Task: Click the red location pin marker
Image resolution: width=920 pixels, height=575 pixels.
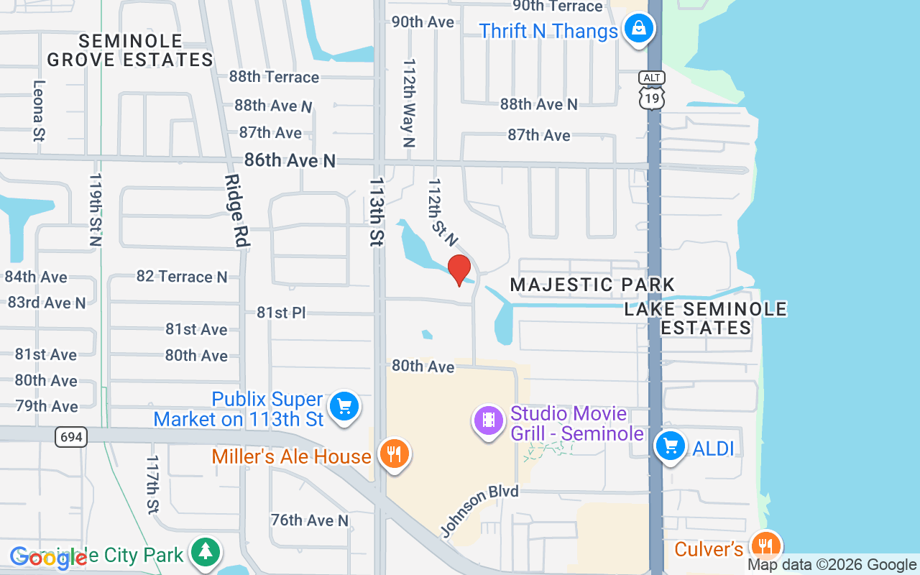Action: [x=459, y=270]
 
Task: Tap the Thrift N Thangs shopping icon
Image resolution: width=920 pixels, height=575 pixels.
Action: [x=638, y=30]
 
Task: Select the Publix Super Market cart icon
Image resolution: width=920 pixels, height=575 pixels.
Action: [x=344, y=407]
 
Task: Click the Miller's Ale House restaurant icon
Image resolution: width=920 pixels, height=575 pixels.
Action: [x=394, y=454]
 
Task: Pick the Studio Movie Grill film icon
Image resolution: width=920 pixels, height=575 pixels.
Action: [x=489, y=420]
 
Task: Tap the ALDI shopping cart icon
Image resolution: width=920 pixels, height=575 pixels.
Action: [x=671, y=446]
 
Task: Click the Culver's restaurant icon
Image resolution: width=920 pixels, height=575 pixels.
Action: [x=767, y=546]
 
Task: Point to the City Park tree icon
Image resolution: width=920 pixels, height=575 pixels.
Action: [x=206, y=552]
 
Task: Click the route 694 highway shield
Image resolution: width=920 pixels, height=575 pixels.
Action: [x=71, y=436]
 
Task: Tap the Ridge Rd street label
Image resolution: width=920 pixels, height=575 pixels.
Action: [x=236, y=211]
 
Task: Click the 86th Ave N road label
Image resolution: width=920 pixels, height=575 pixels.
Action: [x=290, y=160]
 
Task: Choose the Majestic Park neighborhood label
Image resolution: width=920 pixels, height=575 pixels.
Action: [x=593, y=285]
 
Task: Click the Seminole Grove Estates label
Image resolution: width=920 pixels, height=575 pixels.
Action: [x=131, y=50]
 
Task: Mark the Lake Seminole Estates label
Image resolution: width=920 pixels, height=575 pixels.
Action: [x=706, y=318]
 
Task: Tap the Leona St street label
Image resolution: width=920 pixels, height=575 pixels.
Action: [x=39, y=109]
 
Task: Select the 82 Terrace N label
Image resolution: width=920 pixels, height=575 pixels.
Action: [x=182, y=277]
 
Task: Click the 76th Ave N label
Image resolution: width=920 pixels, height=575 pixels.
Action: [x=310, y=520]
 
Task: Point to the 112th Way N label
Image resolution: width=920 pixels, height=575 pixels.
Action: [x=409, y=103]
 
